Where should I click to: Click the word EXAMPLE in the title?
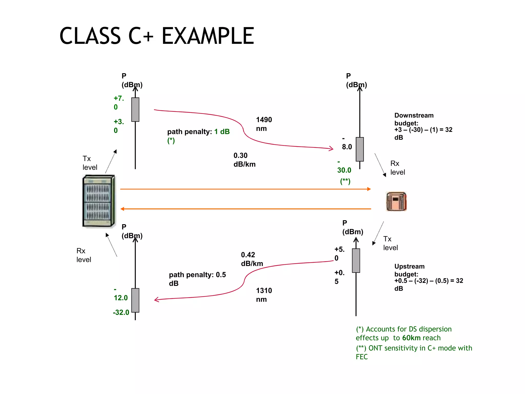tap(208, 36)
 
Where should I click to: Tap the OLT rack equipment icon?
tap(99, 201)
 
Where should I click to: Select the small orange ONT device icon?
tap(396, 202)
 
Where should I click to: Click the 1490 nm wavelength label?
tap(264, 124)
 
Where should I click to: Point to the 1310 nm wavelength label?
tap(264, 295)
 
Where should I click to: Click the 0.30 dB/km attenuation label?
tap(244, 160)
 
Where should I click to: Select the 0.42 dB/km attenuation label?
tap(252, 259)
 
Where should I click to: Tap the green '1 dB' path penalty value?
tap(222, 132)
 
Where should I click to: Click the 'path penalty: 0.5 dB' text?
tap(197, 279)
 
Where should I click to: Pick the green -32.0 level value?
tap(121, 312)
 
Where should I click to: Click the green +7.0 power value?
tap(119, 103)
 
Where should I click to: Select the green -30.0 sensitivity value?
tap(344, 170)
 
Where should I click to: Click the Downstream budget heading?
tap(413, 119)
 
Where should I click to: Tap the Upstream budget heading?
tap(409, 270)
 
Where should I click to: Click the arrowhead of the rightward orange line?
tap(369, 189)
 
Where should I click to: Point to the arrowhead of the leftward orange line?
tap(123, 209)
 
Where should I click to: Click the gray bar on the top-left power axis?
tap(135, 110)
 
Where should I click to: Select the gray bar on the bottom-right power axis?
tap(356, 261)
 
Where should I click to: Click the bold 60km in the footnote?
tap(411, 338)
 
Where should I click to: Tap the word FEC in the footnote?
tap(361, 357)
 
